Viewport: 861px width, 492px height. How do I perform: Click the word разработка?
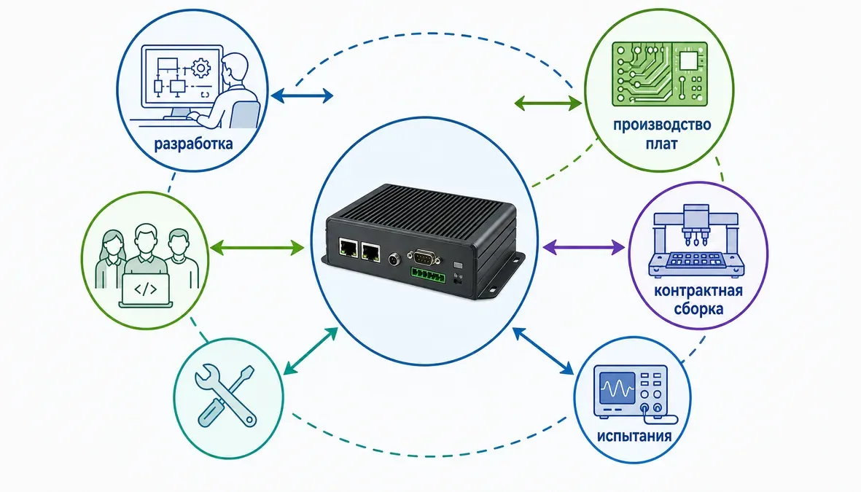(193, 144)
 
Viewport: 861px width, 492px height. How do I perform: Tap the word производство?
(662, 125)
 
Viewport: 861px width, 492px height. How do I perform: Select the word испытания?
(634, 436)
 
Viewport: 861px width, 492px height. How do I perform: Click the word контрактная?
(698, 291)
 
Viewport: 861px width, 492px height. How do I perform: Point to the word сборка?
(698, 308)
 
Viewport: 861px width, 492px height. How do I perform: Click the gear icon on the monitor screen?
(201, 68)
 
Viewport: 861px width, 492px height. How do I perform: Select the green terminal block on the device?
(427, 275)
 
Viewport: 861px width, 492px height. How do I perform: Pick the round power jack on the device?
(393, 258)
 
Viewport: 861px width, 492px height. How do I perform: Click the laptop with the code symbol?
(146, 291)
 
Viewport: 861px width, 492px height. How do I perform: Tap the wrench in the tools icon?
(226, 394)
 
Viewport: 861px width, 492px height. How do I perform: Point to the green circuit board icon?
(660, 74)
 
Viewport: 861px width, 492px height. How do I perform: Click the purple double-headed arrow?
(584, 247)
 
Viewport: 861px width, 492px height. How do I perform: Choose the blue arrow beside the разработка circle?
(302, 95)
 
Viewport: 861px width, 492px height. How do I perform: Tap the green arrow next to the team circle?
(257, 248)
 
